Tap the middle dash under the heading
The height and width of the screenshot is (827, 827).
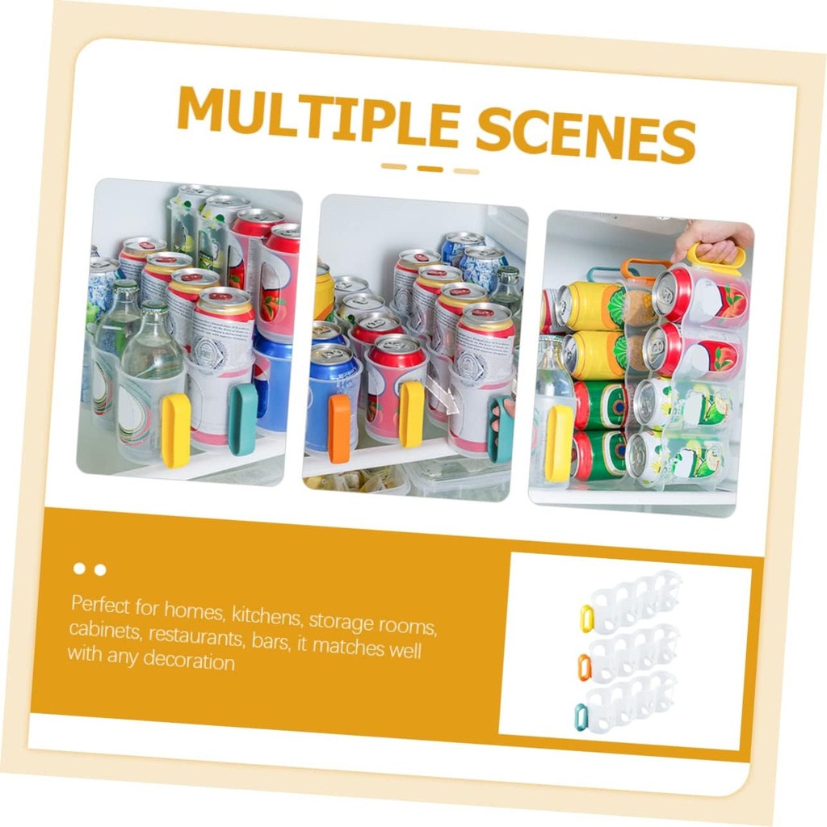pyautogui.click(x=430, y=168)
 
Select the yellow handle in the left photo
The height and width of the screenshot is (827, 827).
pyautogui.click(x=175, y=430)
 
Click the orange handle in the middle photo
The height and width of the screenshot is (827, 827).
pyautogui.click(x=339, y=428)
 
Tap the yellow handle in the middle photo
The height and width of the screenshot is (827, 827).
pyautogui.click(x=411, y=413)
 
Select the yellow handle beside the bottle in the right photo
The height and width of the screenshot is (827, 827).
pyautogui.click(x=558, y=443)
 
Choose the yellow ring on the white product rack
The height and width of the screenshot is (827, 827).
pyautogui.click(x=587, y=618)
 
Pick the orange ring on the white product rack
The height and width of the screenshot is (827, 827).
pyautogui.click(x=584, y=666)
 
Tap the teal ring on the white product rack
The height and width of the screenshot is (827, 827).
pyautogui.click(x=581, y=716)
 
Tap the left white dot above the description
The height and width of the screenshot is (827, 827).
pyautogui.click(x=79, y=569)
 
